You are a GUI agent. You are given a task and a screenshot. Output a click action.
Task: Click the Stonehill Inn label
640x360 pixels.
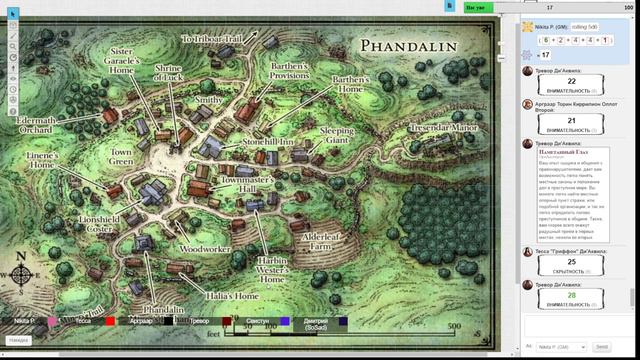269,143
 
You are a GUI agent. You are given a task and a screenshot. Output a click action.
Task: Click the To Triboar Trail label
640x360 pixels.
212,39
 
